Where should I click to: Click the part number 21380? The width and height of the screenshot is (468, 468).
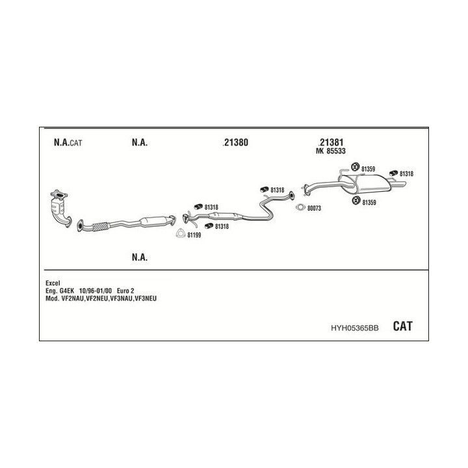tap(235, 142)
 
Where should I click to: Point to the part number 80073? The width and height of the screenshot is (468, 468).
tap(315, 209)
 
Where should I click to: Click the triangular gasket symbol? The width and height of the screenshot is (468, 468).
tap(180, 234)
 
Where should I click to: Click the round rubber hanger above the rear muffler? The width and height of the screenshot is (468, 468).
tap(356, 169)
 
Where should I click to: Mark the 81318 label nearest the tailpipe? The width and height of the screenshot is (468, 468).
tap(406, 174)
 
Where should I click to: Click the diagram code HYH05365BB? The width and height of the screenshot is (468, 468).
tap(354, 329)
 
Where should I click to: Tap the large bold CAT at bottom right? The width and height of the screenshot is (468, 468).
tap(402, 327)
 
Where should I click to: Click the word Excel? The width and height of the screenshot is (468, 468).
tap(53, 283)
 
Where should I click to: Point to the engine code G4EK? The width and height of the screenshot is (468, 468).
tap(68, 291)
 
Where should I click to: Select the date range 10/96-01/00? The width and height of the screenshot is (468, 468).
tap(95, 291)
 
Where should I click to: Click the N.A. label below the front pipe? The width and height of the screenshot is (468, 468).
tap(139, 258)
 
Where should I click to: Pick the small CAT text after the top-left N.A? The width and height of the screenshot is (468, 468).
tap(76, 143)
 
